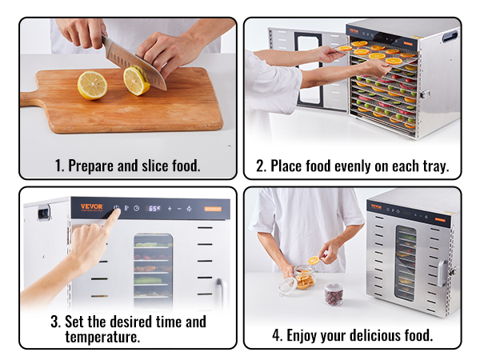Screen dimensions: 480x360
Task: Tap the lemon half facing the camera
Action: [x=92, y=86]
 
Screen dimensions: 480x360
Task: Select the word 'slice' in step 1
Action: [x=154, y=166]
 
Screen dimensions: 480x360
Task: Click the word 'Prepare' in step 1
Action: [x=90, y=166]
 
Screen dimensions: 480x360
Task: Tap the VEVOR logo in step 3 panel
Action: [x=92, y=206]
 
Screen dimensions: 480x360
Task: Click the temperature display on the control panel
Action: [x=154, y=209]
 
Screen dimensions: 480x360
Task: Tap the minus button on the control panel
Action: [x=179, y=209]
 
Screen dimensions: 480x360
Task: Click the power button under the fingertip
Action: [x=116, y=207]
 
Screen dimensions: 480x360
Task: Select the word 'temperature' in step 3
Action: [x=102, y=337]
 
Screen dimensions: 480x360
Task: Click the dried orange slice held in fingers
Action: [x=314, y=261]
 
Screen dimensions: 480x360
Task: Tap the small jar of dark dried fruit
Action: [x=334, y=294]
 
